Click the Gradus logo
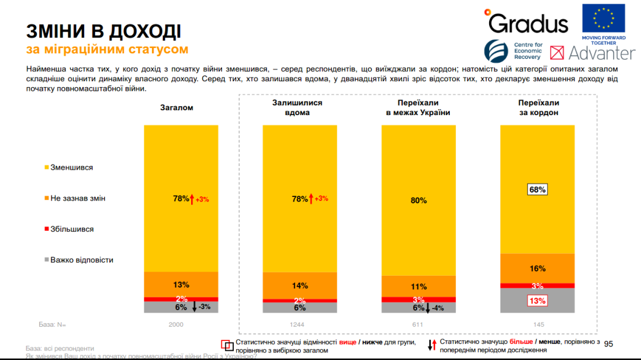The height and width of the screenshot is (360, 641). [x=526, y=22]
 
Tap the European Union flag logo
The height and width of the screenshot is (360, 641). [x=603, y=19]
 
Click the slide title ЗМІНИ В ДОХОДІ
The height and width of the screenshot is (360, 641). [x=103, y=31]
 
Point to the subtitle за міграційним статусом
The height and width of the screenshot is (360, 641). [x=107, y=49]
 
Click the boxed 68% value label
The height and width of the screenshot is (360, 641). [x=537, y=189]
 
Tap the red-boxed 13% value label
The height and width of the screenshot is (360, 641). [x=537, y=301]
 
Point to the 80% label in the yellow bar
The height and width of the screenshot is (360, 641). [x=418, y=200]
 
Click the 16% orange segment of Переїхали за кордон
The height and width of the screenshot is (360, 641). [x=537, y=269]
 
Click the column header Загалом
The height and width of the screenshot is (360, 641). [x=176, y=107]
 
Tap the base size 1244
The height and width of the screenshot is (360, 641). [x=300, y=324]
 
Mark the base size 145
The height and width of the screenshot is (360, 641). [x=538, y=324]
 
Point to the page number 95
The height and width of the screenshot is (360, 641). [x=608, y=344]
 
